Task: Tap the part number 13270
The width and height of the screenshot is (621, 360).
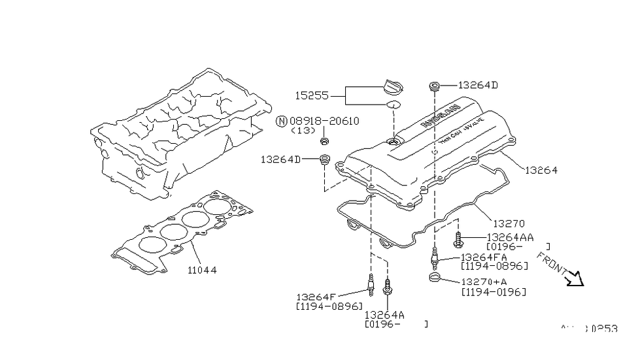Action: (509, 223)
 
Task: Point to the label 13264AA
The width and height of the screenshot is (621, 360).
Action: (511, 237)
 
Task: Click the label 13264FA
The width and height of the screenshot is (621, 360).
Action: (484, 257)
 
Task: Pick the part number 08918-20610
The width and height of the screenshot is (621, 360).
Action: (324, 121)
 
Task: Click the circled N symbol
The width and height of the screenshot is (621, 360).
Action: (282, 122)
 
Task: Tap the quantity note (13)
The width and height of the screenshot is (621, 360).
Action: (303, 131)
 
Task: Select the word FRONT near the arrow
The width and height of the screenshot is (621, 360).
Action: (551, 263)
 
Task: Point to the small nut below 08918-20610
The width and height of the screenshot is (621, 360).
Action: (324, 140)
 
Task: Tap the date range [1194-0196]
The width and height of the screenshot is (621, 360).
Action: (494, 291)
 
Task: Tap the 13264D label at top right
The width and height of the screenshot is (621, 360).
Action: (478, 85)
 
